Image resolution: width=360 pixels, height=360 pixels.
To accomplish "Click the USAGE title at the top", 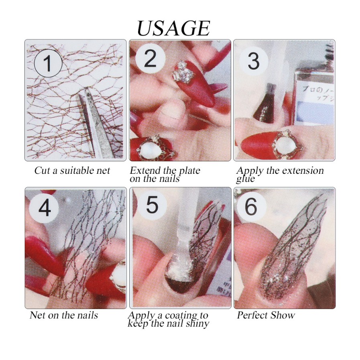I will pos(173,28).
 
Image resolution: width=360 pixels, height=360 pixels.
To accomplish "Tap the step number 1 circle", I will pos(47,63).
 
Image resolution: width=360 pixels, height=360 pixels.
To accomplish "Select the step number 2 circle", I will pos(150,59).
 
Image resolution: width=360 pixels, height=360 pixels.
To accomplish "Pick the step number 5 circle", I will pos(152,205).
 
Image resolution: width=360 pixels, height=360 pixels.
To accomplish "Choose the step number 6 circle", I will pos(251,207).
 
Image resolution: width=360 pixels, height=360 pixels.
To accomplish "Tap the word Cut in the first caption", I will pos(42,171).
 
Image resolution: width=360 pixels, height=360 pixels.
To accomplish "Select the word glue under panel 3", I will pos(245,179).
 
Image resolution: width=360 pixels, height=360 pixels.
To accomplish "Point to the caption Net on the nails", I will pos(63,315).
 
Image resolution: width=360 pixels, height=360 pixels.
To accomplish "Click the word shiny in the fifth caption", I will pos(195,323).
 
